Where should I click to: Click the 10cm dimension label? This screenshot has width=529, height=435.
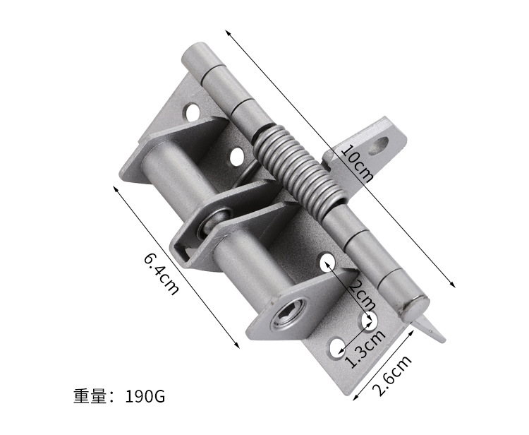[x=358, y=163]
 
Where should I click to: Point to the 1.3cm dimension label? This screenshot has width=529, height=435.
[x=365, y=349]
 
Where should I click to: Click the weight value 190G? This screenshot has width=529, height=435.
[x=145, y=396]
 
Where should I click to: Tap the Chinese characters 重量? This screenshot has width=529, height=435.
[x=90, y=396]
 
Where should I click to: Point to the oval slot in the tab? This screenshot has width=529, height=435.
[x=378, y=145]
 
